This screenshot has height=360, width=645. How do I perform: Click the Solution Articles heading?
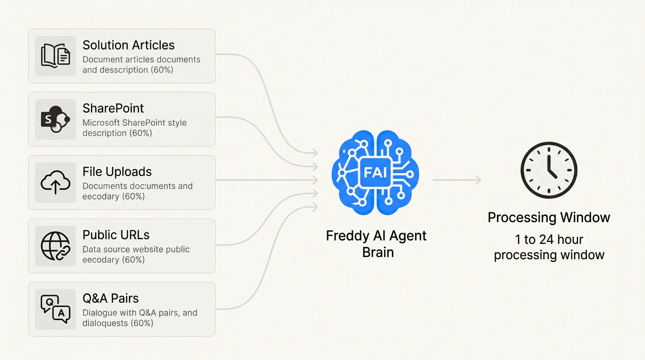click(x=128, y=45)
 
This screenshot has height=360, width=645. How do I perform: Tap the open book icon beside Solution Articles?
click(x=55, y=56)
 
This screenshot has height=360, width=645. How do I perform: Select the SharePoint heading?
click(x=113, y=108)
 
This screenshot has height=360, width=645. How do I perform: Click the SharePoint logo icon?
click(x=55, y=119)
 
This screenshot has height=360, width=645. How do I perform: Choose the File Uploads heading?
click(x=117, y=172)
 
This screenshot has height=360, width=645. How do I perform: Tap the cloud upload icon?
click(x=55, y=182)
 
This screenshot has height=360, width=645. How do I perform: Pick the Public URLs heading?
click(x=116, y=235)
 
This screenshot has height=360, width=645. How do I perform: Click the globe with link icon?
click(x=55, y=246)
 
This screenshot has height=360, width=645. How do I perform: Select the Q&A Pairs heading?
click(x=111, y=298)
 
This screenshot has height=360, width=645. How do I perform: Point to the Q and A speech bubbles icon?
click(x=55, y=309)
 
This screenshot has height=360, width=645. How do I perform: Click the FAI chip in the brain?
click(x=375, y=172)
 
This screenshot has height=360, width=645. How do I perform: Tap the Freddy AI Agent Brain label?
click(x=376, y=244)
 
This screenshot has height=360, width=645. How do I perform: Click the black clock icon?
click(x=549, y=170)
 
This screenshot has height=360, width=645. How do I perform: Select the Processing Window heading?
click(x=549, y=217)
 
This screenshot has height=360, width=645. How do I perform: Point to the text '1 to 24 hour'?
click(x=549, y=240)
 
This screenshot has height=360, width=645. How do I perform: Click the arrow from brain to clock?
click(x=457, y=180)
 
